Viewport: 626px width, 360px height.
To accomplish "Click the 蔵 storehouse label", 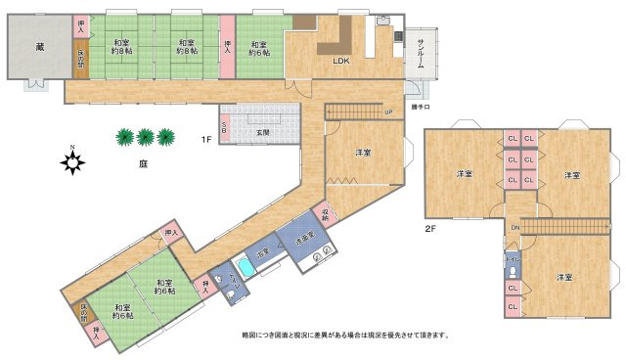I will (39, 46).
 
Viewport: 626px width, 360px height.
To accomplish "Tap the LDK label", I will (340, 61).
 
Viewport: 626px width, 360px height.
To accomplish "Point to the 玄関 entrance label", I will (263, 132).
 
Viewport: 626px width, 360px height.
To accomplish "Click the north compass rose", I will (72, 162).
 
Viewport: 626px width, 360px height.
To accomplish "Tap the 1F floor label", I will (206, 139).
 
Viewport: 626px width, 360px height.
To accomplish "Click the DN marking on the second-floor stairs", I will (514, 228).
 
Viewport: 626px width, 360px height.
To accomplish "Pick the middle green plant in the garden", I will (145, 136).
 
